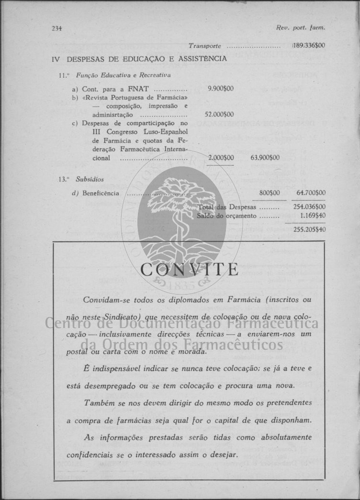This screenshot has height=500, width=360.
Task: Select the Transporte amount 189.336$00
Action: [x=309, y=46]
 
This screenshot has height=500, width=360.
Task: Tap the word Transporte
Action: [x=204, y=46]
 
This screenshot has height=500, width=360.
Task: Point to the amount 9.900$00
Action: [x=221, y=89]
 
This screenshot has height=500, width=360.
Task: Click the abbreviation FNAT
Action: [x=139, y=89]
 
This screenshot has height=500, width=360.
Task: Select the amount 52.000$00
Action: [x=219, y=114]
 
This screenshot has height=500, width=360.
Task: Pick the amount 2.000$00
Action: [x=221, y=158]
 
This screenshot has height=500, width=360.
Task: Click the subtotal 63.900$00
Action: [x=265, y=158]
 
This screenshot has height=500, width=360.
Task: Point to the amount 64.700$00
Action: [x=311, y=193]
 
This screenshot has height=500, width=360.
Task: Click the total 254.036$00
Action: [x=309, y=207]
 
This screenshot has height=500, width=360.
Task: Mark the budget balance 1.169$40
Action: [x=313, y=216]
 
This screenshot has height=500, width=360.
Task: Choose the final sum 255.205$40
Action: [x=309, y=229]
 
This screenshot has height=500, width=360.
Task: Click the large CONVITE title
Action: [x=190, y=270]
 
